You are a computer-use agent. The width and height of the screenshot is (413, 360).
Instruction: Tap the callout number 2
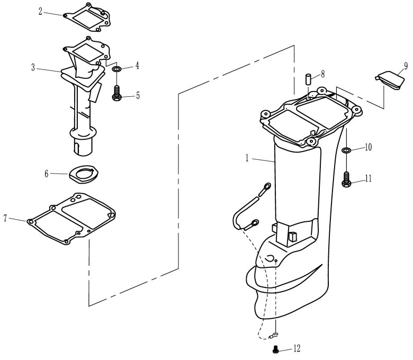click(x=41, y=11)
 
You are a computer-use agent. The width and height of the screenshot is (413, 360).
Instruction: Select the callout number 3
click(x=33, y=67)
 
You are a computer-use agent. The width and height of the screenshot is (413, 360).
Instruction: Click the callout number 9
click(x=405, y=66)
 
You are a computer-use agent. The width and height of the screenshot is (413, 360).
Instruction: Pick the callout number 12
click(x=297, y=348)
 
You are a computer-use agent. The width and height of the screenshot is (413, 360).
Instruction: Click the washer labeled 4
click(x=116, y=69)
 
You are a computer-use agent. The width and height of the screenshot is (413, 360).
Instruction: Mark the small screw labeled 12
click(x=275, y=348)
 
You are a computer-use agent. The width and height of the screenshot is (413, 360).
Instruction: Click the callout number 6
click(x=47, y=173)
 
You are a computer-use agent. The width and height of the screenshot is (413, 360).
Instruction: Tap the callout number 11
click(x=368, y=178)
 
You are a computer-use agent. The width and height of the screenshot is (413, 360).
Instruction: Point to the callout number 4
click(x=137, y=66)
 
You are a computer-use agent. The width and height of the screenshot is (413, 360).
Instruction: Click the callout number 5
click(x=138, y=96)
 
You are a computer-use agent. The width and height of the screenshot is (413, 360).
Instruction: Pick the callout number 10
click(x=368, y=148)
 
